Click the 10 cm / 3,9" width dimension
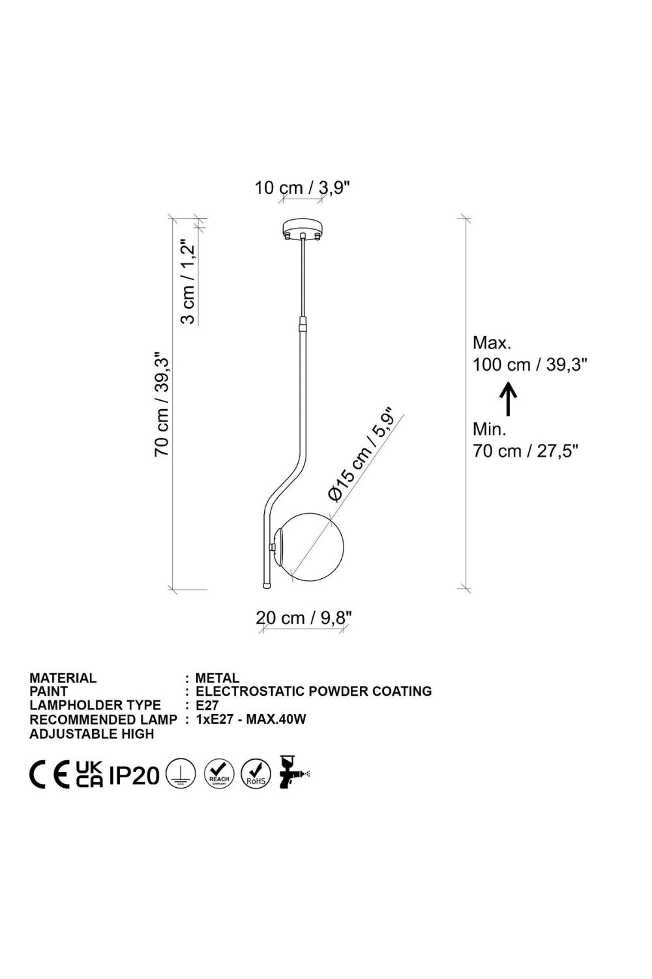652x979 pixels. pos(303,188)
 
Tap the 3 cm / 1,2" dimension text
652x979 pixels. pos(188,281)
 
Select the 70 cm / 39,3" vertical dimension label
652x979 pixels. pos(162,403)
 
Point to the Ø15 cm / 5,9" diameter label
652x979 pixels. pos(362,455)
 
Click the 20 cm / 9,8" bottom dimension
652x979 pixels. pos(304,618)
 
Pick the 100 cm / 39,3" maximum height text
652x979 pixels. pos(529,364)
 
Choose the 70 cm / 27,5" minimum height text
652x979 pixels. pos(526,450)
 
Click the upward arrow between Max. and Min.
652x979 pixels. pos(508,399)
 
